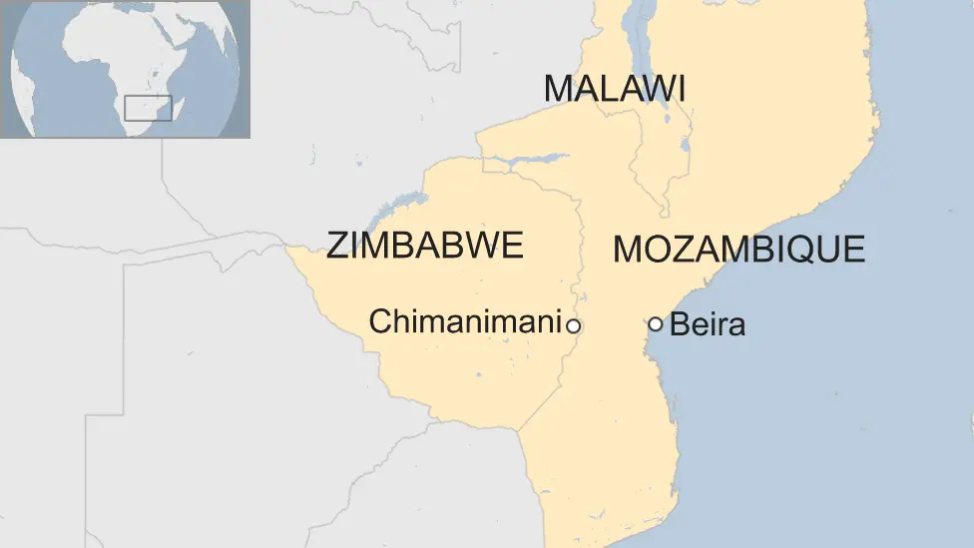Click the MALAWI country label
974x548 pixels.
(x=614, y=89)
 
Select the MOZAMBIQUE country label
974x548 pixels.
(x=738, y=249)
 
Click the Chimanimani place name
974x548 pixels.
(x=464, y=321)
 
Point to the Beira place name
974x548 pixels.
(x=708, y=324)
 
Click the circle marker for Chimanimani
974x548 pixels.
(x=573, y=325)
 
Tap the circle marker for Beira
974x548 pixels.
(x=655, y=323)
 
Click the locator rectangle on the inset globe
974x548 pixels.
(x=148, y=108)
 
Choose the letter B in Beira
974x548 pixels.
(x=679, y=324)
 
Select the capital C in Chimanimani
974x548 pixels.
(x=379, y=321)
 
